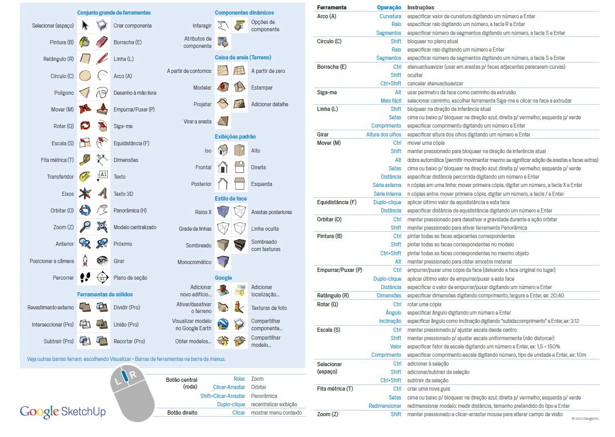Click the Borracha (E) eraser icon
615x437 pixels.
102,42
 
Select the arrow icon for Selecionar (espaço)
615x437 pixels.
85,26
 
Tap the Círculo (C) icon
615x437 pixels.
85,76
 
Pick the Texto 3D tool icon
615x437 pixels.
102,194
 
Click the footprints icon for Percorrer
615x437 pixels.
85,278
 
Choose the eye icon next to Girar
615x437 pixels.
102,261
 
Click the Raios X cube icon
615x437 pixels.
223,212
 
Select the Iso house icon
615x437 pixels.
223,151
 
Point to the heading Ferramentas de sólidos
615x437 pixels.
105,294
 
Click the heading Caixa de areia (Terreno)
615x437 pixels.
243,57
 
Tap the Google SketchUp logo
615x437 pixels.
62,411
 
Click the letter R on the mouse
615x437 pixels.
133,374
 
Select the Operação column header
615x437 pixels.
388,8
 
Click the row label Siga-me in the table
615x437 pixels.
327,92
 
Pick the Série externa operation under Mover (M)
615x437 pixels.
386,185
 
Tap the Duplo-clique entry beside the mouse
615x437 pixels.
231,404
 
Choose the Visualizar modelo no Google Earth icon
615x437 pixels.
223,324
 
